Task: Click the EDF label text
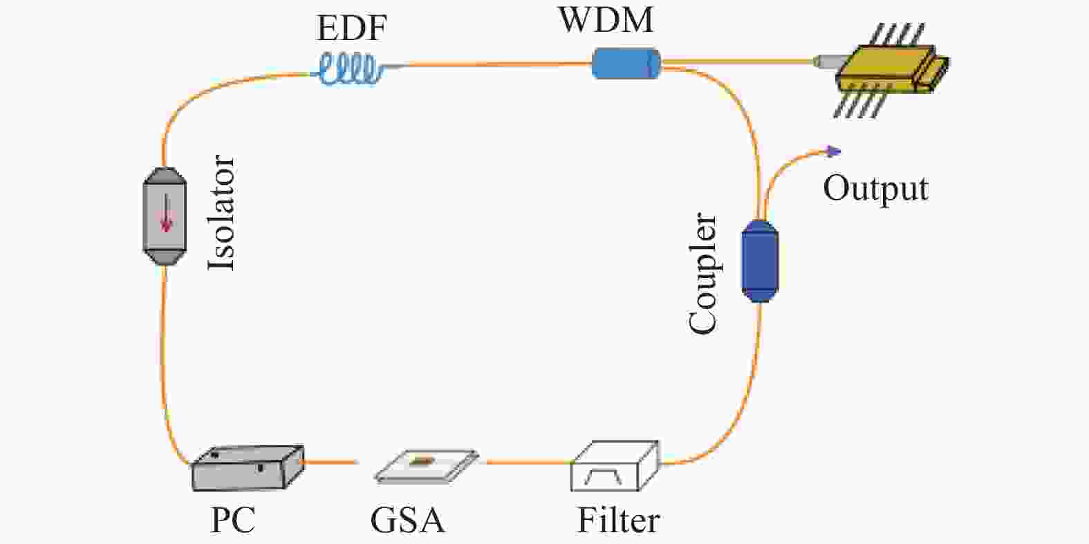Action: [351, 28]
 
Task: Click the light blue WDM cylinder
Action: [626, 63]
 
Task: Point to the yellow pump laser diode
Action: [887, 70]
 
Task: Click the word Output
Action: [875, 189]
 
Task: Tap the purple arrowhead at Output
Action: [835, 151]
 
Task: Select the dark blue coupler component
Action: [760, 261]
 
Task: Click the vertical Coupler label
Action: [703, 273]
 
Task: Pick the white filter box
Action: [615, 466]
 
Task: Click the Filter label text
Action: [618, 520]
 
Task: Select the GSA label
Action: [407, 520]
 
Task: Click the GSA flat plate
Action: [427, 466]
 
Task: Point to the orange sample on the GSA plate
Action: [422, 460]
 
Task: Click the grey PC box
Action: [248, 468]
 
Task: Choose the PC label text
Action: [232, 520]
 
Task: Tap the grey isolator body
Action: [165, 216]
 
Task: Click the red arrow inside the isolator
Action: [167, 213]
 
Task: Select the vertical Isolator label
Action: [221, 212]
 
